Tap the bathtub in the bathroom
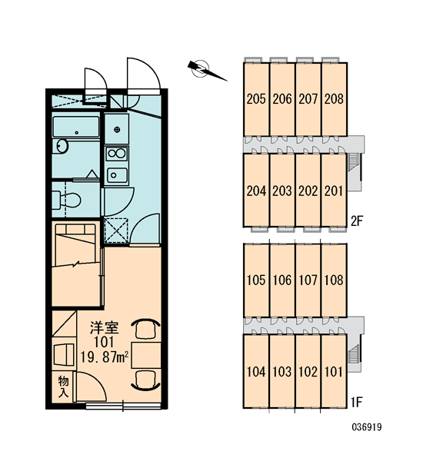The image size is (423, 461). point(76,127)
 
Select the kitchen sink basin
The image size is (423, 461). point(117,175)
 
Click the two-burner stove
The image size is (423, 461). point(117,153)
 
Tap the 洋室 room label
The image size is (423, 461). point(104,327)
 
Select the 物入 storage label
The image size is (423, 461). point(63,386)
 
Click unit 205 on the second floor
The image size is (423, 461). point(256,99)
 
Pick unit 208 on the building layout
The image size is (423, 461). point(334,99)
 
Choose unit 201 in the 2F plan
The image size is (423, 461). point(334,191)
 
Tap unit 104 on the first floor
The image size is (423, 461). point(256,371)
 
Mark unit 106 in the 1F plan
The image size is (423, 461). point(282,280)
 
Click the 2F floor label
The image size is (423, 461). point(357,221)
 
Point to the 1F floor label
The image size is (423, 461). point(357,402)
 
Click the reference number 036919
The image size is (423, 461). point(367,427)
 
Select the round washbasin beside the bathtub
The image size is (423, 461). point(62,146)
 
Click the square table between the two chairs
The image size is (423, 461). point(146,355)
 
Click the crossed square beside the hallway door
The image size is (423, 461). point(116,230)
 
